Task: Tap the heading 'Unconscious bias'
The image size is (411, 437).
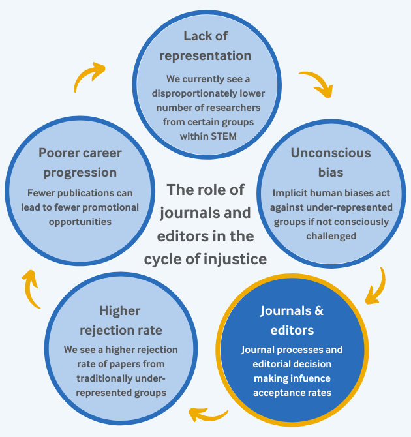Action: tap(331, 163)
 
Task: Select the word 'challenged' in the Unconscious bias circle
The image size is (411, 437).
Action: tap(331, 235)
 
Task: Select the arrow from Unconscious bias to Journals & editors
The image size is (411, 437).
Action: tap(374, 286)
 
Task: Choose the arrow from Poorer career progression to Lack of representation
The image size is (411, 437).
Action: tap(89, 76)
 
